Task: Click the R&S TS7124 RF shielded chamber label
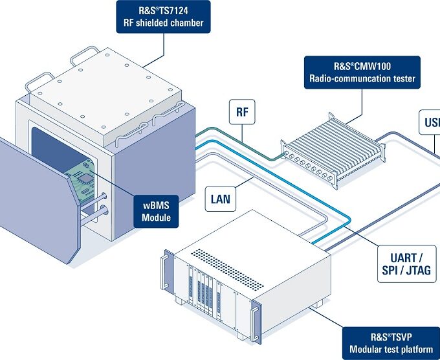point(164,16)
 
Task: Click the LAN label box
point(221,199)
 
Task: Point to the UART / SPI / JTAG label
point(406,264)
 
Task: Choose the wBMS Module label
point(157,211)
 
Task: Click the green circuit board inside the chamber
point(82,179)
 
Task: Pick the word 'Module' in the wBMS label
point(157,218)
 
